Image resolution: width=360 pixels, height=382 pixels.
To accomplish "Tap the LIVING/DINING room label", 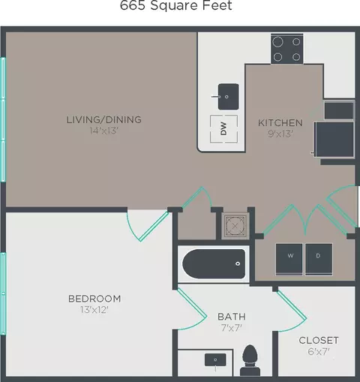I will (x=103, y=119).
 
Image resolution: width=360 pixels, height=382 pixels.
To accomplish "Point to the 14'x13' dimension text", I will (x=103, y=131).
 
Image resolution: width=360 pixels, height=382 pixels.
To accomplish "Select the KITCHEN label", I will (x=280, y=122).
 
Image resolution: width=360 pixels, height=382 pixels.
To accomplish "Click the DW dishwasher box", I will (x=223, y=130).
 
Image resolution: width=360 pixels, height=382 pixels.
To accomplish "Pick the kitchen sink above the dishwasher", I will (x=225, y=95).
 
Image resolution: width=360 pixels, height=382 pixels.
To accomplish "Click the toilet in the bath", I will (x=250, y=360).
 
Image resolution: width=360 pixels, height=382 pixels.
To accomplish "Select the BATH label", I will (x=232, y=317).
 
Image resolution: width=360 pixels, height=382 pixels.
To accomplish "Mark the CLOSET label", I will (x=319, y=340).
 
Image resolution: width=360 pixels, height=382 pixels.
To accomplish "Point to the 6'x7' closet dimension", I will (x=319, y=352).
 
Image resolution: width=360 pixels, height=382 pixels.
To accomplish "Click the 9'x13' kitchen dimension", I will (x=280, y=135).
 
